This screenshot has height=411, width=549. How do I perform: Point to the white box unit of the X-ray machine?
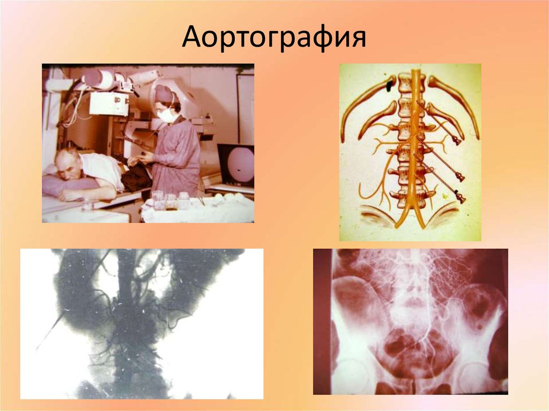point(108,102)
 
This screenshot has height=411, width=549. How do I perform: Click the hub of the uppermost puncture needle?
point(457,141)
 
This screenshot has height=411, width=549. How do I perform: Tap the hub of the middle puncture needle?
point(459,177)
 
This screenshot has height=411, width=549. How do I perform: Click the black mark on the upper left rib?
point(390,84)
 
